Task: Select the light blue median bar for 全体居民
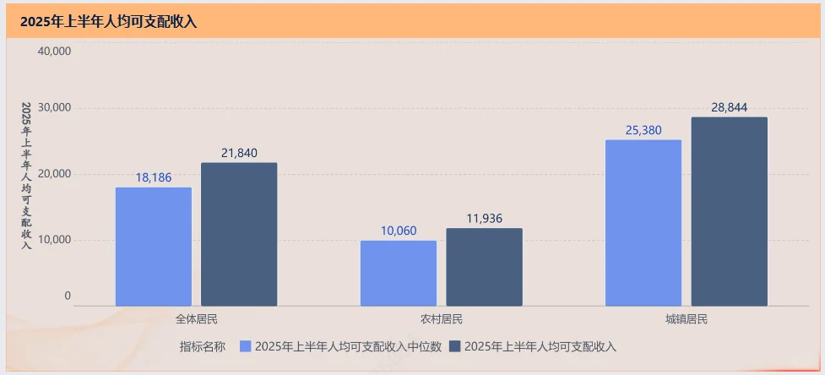click(x=154, y=247)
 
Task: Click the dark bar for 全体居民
click(x=239, y=234)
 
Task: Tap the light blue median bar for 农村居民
click(x=399, y=273)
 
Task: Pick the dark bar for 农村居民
click(x=484, y=267)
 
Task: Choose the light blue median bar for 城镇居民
click(x=643, y=223)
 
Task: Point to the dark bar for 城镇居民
click(x=730, y=211)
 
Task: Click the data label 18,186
click(x=154, y=177)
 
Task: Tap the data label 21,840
click(x=239, y=153)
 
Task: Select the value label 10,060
click(x=399, y=231)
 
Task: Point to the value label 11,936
click(x=484, y=219)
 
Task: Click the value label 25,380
click(x=643, y=130)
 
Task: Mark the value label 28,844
click(x=730, y=107)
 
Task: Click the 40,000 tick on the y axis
click(x=55, y=51)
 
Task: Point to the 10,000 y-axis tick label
click(x=55, y=240)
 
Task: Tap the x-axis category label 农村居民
click(x=442, y=319)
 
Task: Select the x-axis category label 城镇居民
click(x=686, y=319)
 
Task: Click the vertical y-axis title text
click(x=26, y=176)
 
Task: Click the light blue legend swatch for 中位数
click(x=246, y=346)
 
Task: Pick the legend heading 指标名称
click(x=202, y=346)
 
